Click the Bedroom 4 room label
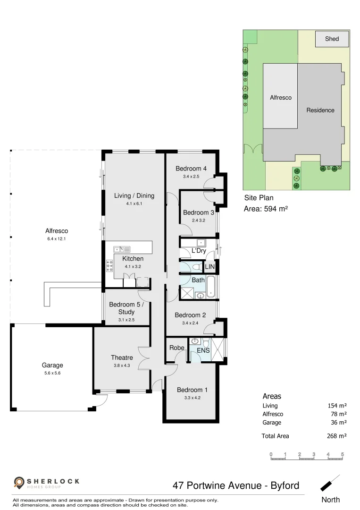(x=191, y=169)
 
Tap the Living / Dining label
(x=134, y=195)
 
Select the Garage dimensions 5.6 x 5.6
(x=52, y=373)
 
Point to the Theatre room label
(x=122, y=357)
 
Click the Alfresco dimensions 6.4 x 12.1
(x=57, y=239)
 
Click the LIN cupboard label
(x=209, y=267)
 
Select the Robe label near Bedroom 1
(x=176, y=348)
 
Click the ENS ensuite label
(x=203, y=351)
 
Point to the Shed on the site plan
(x=332, y=39)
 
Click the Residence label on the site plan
(x=320, y=110)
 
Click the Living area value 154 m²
(x=337, y=406)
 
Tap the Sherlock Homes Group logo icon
(x=19, y=483)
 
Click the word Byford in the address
(x=283, y=485)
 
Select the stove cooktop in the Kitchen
(x=110, y=266)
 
